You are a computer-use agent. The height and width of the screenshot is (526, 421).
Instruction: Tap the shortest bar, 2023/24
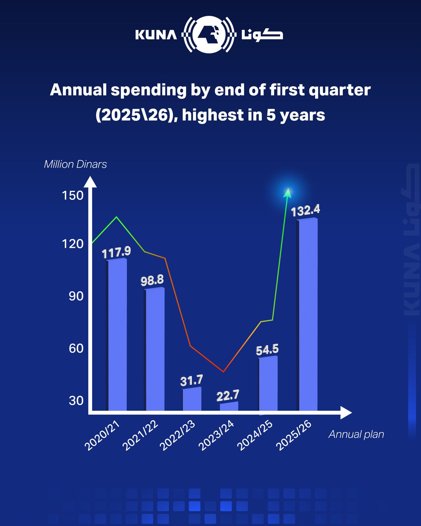[x=229, y=407]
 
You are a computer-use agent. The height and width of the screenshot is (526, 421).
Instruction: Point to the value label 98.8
[x=152, y=280]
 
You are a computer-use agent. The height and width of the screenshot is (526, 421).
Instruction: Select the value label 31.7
[x=191, y=381]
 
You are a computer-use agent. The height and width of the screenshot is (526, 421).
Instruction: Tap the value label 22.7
[x=228, y=395]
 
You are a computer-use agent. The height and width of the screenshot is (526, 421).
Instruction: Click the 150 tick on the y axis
[x=73, y=196]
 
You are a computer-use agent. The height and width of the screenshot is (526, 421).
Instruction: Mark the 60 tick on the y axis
[x=76, y=348]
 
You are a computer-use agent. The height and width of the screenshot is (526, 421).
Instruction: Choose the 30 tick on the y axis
[x=76, y=400]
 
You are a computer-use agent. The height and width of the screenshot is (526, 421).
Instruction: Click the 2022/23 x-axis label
[x=178, y=436]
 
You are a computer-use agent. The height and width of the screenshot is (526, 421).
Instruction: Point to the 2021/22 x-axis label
[x=140, y=436]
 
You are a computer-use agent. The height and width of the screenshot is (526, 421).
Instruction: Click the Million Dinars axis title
[x=75, y=164]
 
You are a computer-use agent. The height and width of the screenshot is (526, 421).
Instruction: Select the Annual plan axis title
[x=356, y=434]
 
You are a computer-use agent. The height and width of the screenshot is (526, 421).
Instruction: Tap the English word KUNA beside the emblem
[x=156, y=35]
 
